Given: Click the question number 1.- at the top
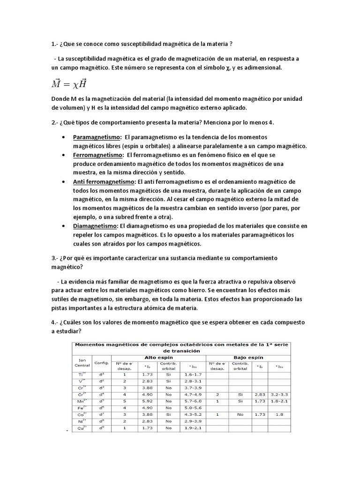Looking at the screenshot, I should pyautogui.click(x=56, y=45).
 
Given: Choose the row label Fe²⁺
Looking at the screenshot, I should pyautogui.click(x=81, y=407).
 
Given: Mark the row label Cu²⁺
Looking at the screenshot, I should pyautogui.click(x=81, y=428).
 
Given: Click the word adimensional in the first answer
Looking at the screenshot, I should pyautogui.click(x=263, y=68).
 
